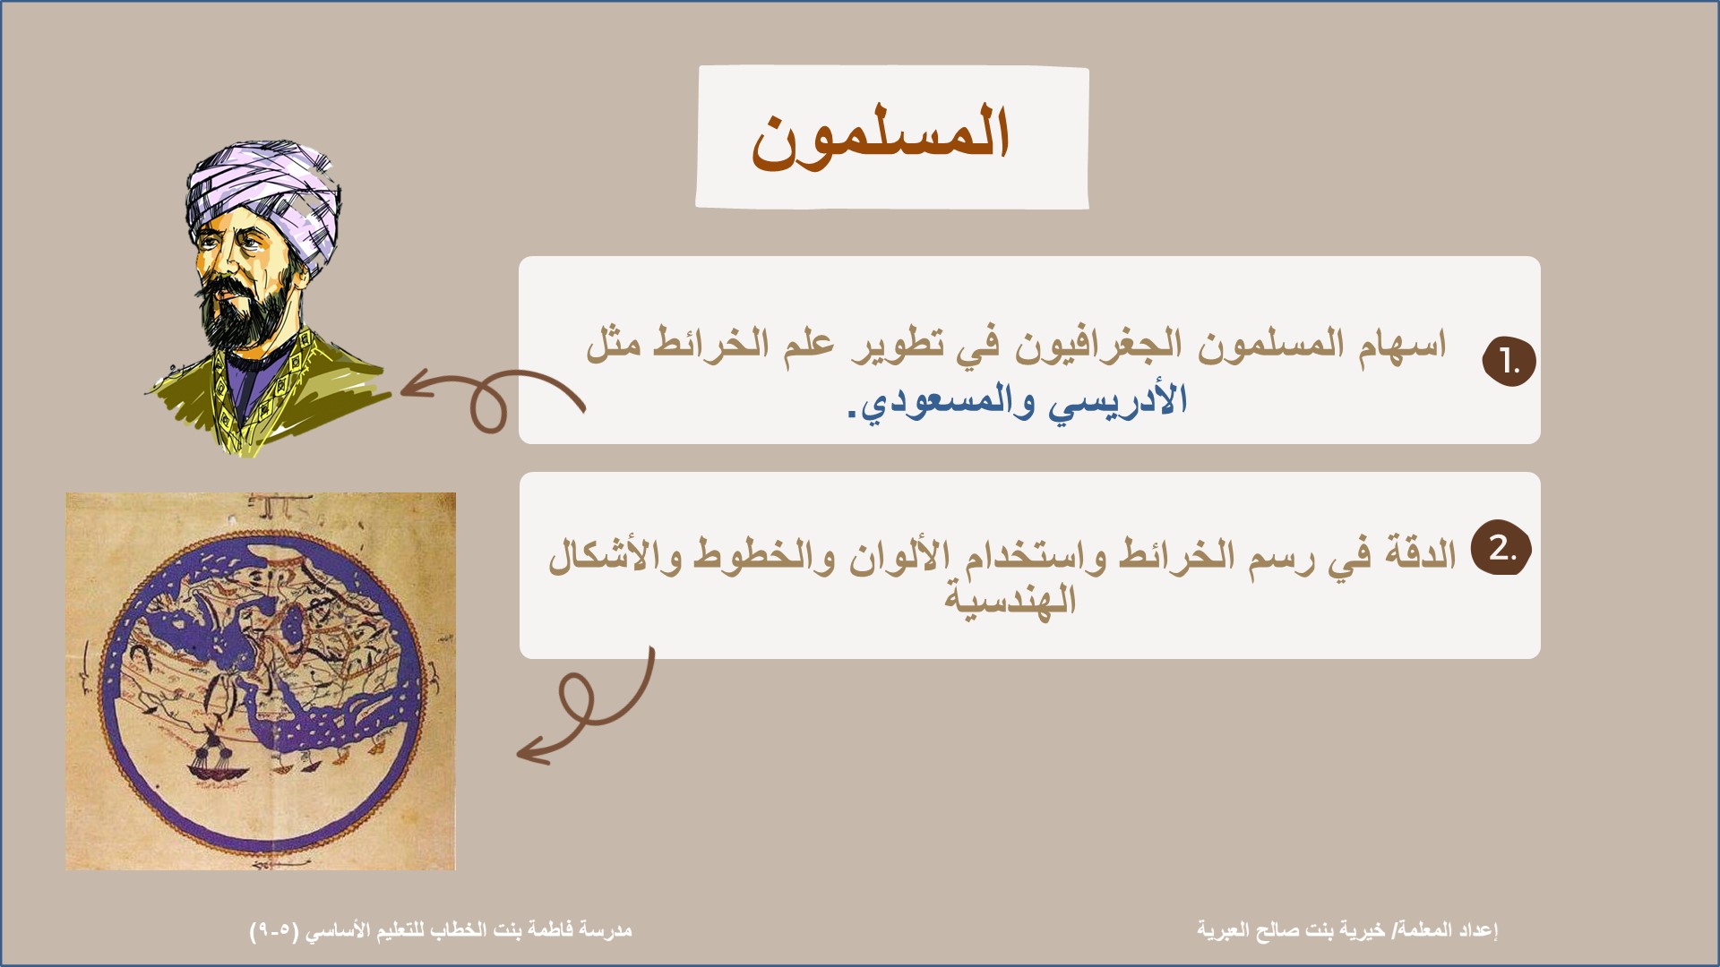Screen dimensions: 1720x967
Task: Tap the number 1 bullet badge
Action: pyautogui.click(x=1509, y=362)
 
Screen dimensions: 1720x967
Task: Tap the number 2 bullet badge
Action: pyautogui.click(x=1501, y=547)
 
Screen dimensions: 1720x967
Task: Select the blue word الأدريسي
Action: pyautogui.click(x=1119, y=400)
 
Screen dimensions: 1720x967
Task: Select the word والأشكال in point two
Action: pyautogui.click(x=615, y=555)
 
